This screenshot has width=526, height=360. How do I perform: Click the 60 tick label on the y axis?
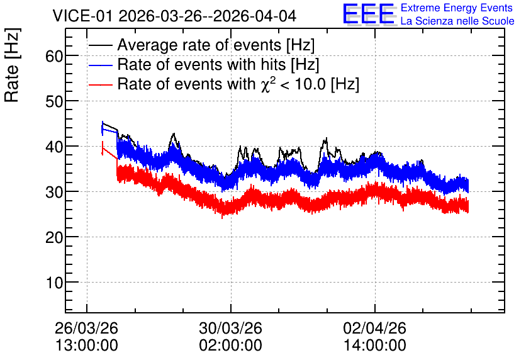[54, 56]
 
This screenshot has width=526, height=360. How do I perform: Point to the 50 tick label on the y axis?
[54, 101]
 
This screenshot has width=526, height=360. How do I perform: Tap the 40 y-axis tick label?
[54, 146]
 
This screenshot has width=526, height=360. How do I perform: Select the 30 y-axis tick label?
[54, 191]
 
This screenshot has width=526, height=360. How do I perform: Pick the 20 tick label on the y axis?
[54, 237]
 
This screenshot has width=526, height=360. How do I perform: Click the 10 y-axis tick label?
[54, 283]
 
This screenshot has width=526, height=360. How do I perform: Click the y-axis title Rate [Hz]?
[12, 65]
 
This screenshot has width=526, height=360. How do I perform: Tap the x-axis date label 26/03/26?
[86, 328]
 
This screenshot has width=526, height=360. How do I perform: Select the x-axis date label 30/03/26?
[230, 328]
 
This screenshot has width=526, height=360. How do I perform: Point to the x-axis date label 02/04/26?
[374, 328]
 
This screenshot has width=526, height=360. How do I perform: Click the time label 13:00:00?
[86, 345]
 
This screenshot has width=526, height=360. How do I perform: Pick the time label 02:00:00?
[230, 345]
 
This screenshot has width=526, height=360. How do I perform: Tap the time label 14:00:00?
[374, 345]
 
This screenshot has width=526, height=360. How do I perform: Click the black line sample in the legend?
[100, 45]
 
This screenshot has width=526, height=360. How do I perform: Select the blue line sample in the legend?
[100, 65]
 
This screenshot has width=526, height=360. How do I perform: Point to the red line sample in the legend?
[100, 84]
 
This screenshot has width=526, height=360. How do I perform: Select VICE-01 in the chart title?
[82, 16]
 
